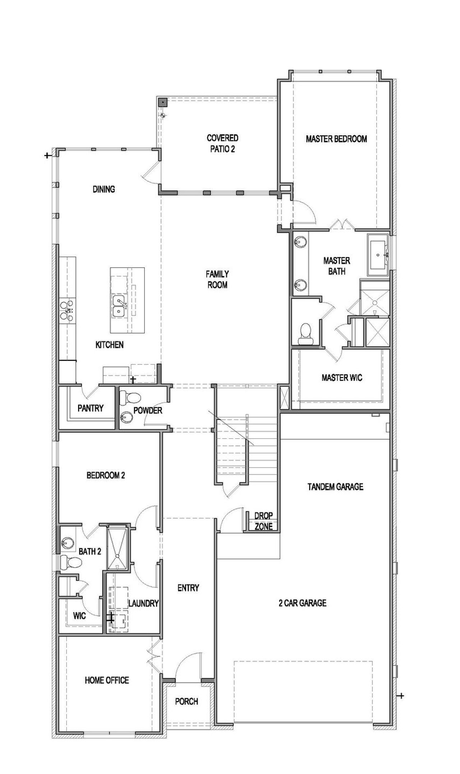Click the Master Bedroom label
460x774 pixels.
pos(336,139)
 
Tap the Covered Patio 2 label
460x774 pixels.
pos(222,143)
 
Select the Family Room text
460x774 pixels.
pos(217,279)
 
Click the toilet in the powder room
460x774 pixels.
pos(130,398)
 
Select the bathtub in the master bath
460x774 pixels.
pos(377,255)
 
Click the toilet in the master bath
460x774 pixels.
pos(305,333)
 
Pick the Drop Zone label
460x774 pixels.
pos(263,521)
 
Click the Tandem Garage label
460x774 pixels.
pos(335,487)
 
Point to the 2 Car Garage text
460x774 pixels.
pos(302,603)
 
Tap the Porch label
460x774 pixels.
pos(187,701)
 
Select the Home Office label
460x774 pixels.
pos(107,680)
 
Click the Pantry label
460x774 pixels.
pos(90,408)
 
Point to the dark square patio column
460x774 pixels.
pos(163,102)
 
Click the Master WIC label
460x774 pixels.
pos(342,377)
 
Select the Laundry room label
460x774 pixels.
pos(143,603)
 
